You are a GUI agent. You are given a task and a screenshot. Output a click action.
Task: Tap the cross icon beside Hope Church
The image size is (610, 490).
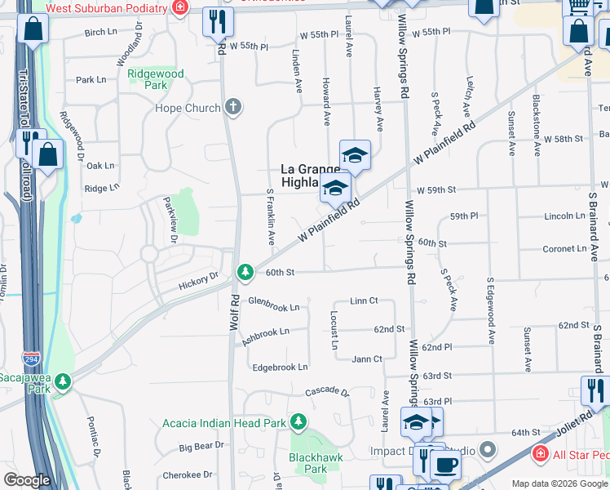pos(233,107)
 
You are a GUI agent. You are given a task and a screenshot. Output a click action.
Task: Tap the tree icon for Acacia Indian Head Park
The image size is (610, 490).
pos(298,422)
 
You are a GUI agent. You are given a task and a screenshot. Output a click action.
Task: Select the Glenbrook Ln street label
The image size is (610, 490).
pos(273,307)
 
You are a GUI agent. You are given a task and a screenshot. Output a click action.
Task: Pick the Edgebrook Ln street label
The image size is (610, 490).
pos(280,367)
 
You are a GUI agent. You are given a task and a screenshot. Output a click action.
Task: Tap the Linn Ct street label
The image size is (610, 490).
pos(364,301)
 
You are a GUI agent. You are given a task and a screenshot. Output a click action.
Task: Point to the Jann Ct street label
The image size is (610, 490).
pos(367,359)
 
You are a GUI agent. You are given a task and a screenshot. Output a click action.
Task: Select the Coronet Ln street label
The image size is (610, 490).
pos(564,248)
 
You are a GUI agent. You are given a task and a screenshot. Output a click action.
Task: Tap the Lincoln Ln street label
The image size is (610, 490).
pos(564,216)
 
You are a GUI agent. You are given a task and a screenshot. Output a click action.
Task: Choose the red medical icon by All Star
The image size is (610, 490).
pos(539,452)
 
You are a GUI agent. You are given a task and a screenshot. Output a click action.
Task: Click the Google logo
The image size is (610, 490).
pos(27,480)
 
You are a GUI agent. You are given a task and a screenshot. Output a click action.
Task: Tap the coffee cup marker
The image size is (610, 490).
pos(444,465)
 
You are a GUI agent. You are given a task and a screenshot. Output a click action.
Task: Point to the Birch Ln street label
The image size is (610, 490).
pos(100,33)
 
